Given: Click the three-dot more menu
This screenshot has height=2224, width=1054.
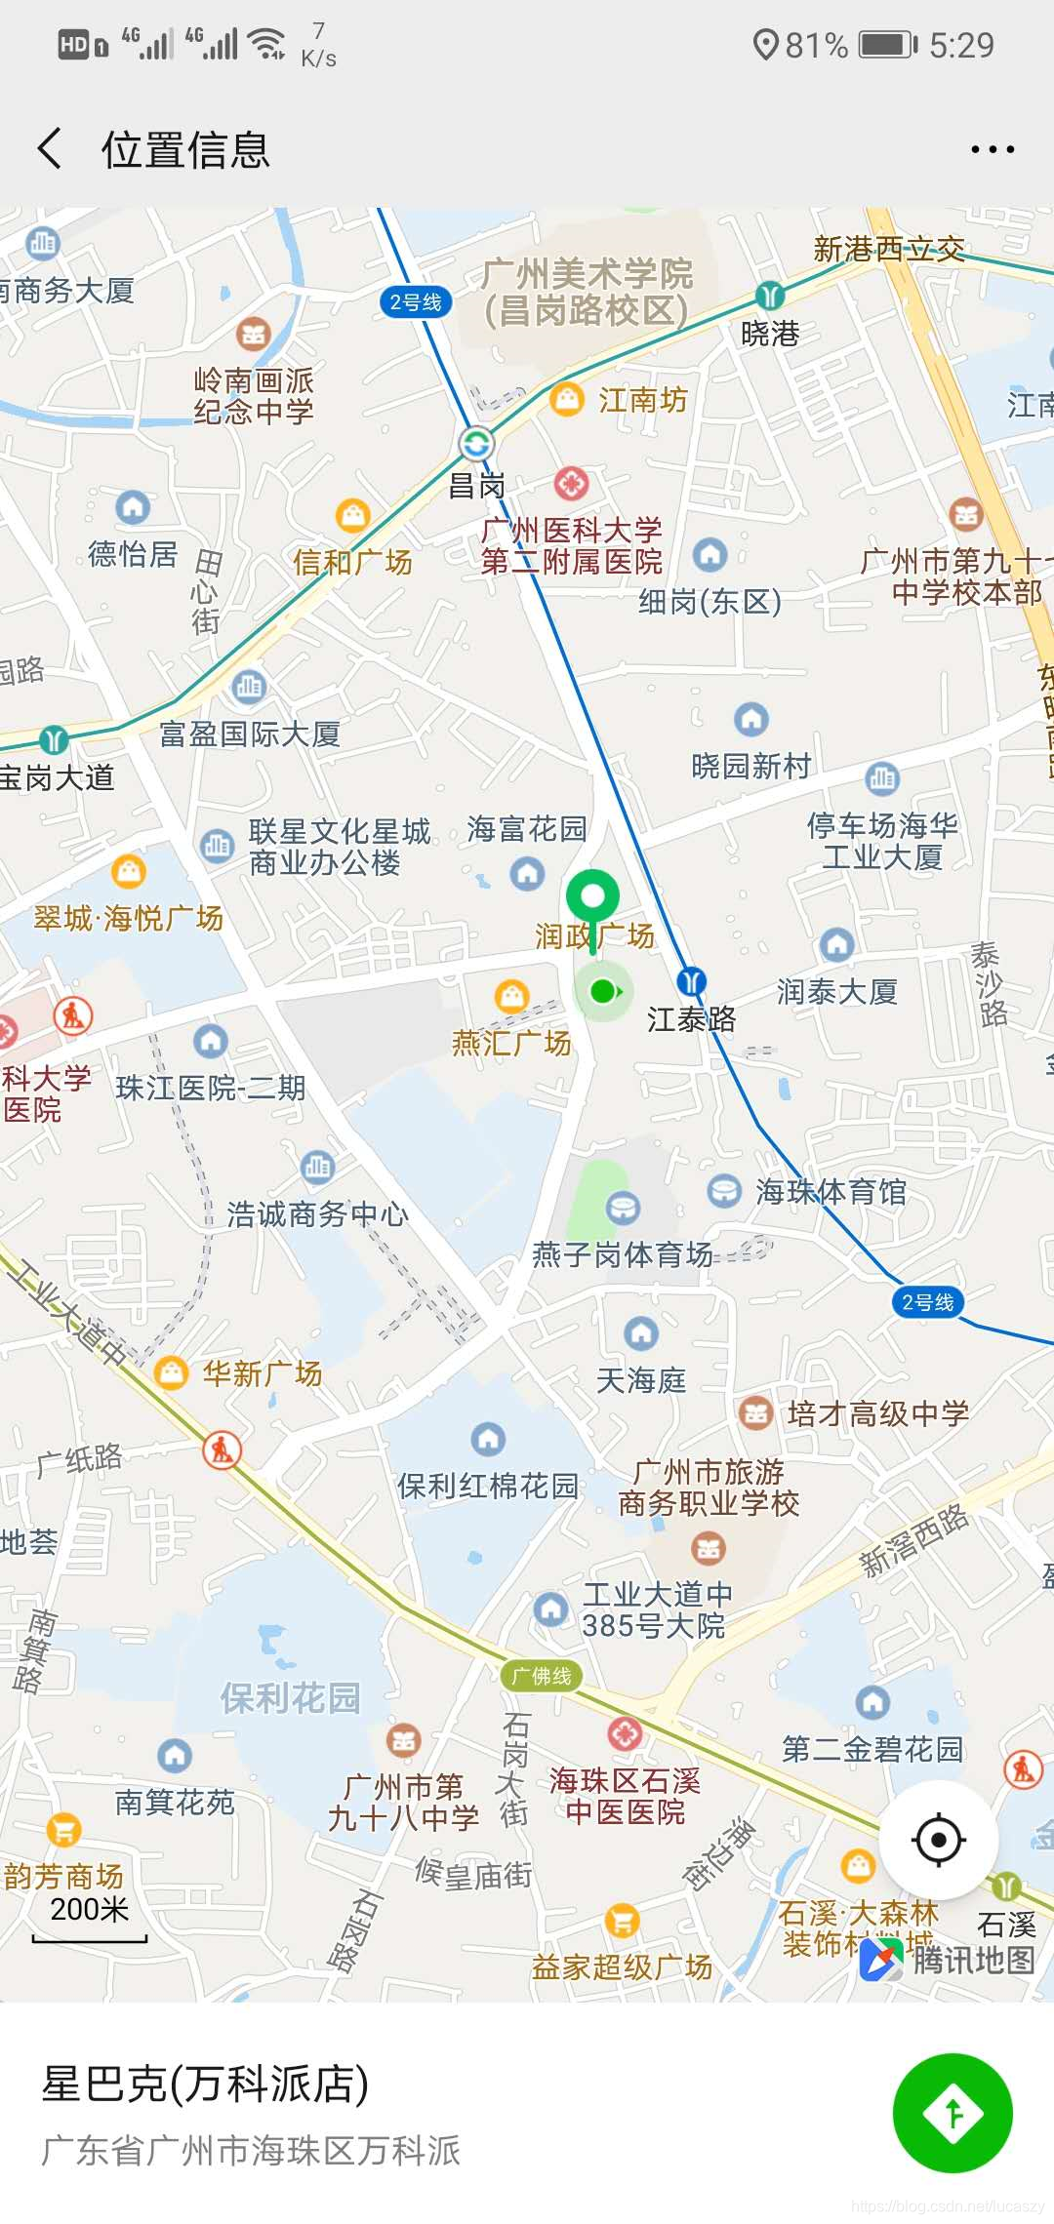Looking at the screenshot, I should pos(993,149).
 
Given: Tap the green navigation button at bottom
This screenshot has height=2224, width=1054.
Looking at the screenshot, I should pos(953,2114).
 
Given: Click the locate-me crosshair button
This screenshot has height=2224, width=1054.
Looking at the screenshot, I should pos(938,1841).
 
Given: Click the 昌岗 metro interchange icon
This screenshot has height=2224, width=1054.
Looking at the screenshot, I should pos(476,444).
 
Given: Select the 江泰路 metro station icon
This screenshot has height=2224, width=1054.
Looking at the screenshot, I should pos(691,981).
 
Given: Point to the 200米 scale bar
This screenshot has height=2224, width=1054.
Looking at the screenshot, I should pos(90,1923).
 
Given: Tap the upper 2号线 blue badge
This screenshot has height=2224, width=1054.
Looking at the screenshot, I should pos(416,302).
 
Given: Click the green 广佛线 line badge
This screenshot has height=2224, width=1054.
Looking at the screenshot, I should pos(542,1676).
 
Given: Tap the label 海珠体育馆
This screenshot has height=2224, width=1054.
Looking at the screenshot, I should pos(831,1192).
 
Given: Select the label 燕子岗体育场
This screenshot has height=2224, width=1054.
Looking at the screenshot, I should pos(622,1254).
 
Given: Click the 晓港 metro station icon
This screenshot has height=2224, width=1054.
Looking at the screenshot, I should pos(770,294).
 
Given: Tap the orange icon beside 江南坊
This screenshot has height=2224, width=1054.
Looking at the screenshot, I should pos(566,399).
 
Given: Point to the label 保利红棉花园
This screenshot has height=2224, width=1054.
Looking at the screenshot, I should pos(487,1486).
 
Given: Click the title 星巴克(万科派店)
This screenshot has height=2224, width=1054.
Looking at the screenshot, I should pos(205,2084).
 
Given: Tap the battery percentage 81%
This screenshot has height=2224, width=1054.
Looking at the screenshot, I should pos(816,45).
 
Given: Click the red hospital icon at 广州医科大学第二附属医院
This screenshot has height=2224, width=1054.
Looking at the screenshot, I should pos(571,482).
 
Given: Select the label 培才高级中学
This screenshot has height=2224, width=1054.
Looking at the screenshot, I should pos(877,1413).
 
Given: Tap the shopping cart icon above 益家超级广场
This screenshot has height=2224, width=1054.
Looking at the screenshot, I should pos(622,1921).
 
